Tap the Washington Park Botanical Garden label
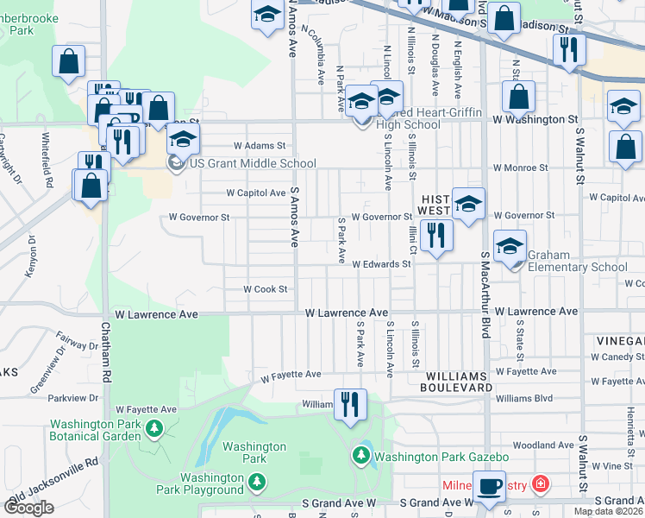[95, 430]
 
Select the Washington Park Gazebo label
[442, 457]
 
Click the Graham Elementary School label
[577, 261]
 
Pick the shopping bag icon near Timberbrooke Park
[69, 62]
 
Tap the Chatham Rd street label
[106, 353]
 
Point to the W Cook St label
[265, 289]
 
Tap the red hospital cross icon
[541, 484]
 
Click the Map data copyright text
[609, 511]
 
